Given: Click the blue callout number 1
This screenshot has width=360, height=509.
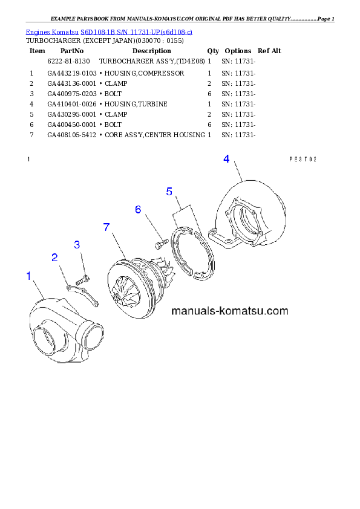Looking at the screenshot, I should click(x=28, y=276).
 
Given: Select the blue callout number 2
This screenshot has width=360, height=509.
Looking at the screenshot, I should click(x=55, y=258).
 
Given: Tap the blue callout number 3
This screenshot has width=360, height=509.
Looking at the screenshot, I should click(x=77, y=245).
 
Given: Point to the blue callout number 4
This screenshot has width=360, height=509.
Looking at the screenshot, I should click(x=226, y=159).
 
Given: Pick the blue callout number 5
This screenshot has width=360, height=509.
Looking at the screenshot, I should click(x=170, y=192).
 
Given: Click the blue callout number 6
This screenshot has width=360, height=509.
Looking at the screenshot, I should click(x=138, y=210).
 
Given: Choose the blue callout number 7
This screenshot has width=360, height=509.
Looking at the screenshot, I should click(x=106, y=227).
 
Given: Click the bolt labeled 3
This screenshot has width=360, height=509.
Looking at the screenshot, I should click(x=83, y=280).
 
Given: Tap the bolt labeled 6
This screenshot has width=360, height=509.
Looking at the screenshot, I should click(x=160, y=244).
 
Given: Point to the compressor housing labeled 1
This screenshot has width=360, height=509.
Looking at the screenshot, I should click(x=57, y=329).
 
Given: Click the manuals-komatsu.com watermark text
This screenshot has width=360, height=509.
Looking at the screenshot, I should click(x=230, y=312).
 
